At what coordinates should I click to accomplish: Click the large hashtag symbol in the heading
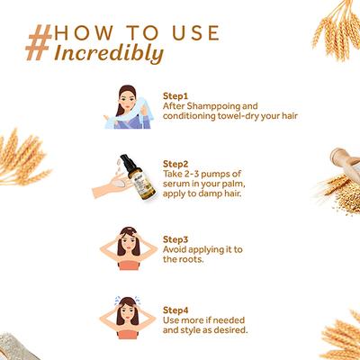[x=40, y=42]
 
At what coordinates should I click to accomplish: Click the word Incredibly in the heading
[x=109, y=54]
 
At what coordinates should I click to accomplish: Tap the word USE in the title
[x=196, y=33]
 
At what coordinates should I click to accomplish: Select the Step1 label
[x=175, y=96]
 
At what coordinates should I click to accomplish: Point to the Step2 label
[x=175, y=164]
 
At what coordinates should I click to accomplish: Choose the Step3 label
[x=175, y=239]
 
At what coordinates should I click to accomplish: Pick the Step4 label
[x=175, y=310]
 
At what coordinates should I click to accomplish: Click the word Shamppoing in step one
[x=212, y=107]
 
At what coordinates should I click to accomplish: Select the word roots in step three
[x=191, y=259]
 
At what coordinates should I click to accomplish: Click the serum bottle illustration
[x=138, y=178]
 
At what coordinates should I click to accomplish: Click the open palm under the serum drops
[x=112, y=187]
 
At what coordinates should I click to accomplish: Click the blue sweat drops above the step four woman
[x=128, y=300]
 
